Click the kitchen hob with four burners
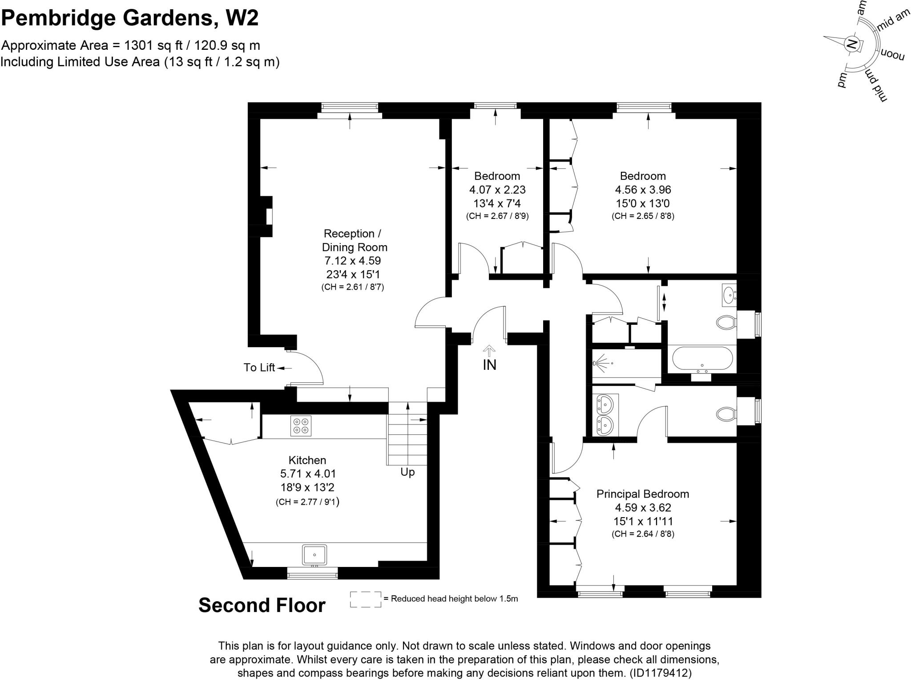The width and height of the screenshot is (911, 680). tap(301, 425)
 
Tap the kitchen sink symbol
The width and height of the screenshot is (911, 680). tap(314, 555)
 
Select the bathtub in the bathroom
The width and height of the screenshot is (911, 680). tap(702, 359)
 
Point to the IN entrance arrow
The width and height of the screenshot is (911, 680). tap(489, 351)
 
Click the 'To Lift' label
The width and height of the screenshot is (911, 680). tap(259, 368)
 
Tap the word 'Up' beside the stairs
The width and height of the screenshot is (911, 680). tap(407, 472)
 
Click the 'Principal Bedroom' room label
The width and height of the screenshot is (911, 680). tap(643, 494)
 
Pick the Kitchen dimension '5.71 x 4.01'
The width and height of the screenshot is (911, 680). tap(307, 474)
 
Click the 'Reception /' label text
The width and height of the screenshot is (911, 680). tap(352, 234)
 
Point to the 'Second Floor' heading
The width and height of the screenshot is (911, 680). tap(262, 606)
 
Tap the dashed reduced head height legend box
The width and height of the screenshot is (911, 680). tap(366, 599)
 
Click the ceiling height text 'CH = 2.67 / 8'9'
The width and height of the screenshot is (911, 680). tap(497, 217)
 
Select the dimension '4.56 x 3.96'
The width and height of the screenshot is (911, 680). tap(643, 190)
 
